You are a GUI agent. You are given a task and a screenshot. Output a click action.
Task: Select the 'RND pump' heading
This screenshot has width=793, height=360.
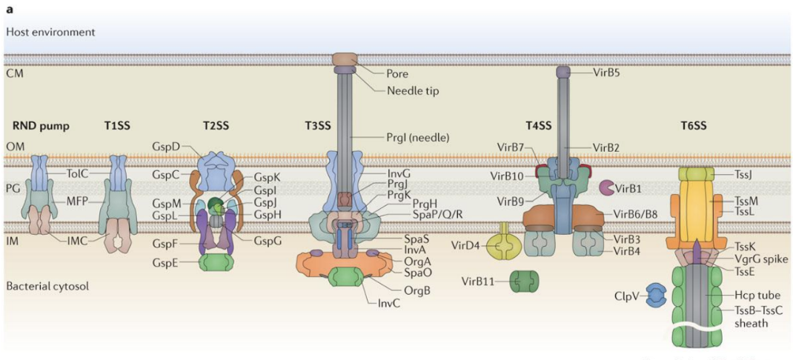[x=41, y=126]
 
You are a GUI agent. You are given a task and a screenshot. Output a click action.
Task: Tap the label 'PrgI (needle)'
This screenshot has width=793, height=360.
[x=419, y=137]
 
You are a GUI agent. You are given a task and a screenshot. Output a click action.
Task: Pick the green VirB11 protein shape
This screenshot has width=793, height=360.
[x=524, y=281]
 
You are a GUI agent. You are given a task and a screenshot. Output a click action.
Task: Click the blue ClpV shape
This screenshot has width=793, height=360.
[x=656, y=295]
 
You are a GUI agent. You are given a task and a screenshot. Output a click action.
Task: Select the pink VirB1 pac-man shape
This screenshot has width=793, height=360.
[x=607, y=189]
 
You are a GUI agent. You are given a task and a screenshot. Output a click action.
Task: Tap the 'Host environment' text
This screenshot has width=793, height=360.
[x=50, y=33]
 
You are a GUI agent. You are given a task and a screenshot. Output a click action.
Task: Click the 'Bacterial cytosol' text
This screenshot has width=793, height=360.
[x=47, y=285]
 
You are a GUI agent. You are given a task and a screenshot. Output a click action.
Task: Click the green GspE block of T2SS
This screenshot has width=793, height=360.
[x=216, y=261]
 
